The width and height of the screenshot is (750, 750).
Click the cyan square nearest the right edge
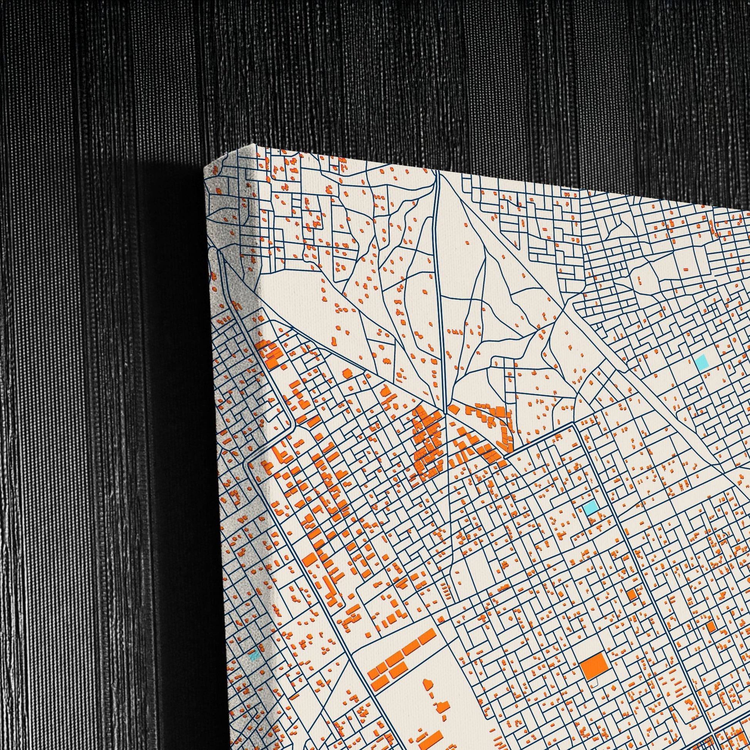pos(702,362)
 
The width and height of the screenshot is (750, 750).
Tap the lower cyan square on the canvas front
pos(590,507)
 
